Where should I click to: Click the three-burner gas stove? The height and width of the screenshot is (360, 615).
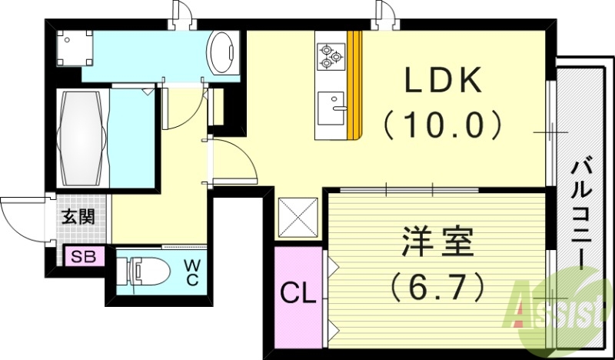pyautogui.click(x=331, y=55)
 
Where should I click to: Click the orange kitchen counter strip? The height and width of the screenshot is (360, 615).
pyautogui.click(x=354, y=85)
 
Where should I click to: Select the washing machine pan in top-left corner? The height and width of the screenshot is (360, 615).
pyautogui.click(x=75, y=48)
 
